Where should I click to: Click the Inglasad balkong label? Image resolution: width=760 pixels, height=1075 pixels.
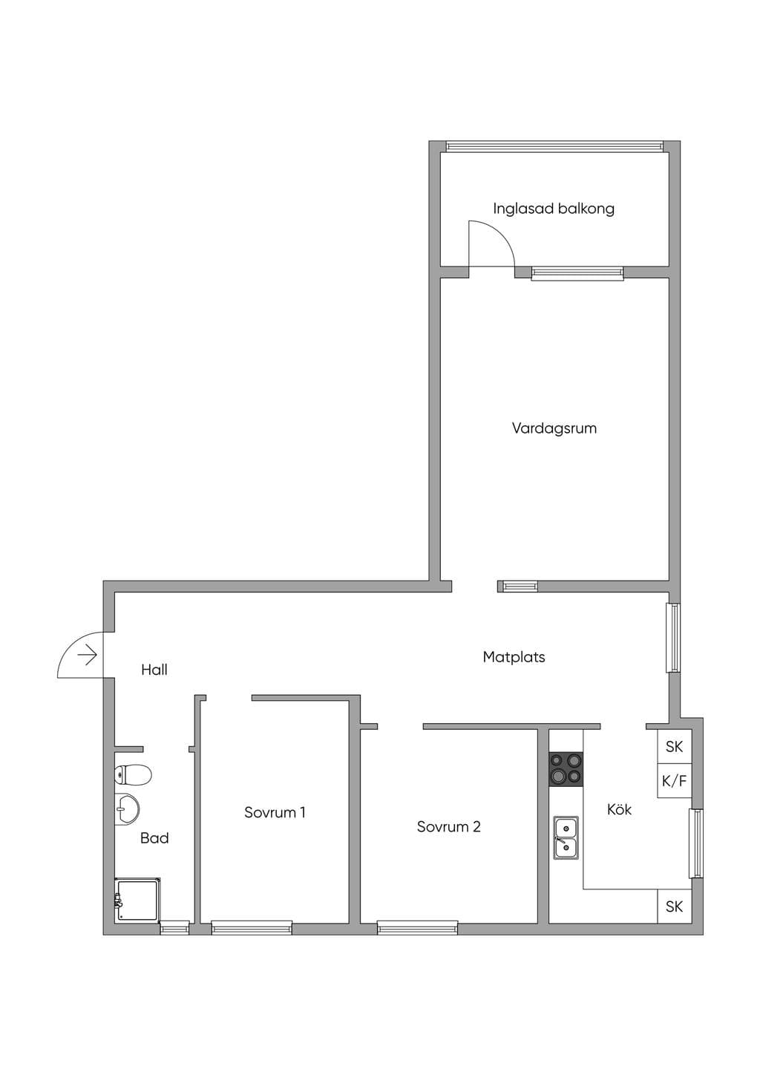pos(554,209)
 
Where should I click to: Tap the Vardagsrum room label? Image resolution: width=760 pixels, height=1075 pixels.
pos(554,428)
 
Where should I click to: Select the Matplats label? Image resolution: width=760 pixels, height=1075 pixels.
pos(514,657)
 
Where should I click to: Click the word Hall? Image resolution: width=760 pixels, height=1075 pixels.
pos(154,670)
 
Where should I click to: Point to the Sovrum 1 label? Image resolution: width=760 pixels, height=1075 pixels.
pos(275,812)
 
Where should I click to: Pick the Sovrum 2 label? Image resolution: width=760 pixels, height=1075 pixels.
pos(448,826)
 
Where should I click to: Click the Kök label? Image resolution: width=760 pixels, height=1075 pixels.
pos(620,809)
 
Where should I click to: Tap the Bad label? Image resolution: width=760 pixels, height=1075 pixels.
pos(154,838)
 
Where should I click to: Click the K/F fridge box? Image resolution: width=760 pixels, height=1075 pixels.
pos(674,781)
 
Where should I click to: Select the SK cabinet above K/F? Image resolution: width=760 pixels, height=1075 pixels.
pos(674,746)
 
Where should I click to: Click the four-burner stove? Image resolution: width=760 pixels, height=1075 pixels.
pos(566,769)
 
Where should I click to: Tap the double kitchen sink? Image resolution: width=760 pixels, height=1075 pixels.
pos(566,838)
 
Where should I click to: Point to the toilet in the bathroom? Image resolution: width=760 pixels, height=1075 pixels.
pos(134,774)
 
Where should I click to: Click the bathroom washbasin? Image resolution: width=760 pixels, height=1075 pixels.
pos(127,810)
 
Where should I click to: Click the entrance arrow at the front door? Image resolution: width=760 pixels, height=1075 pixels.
pos(88,655)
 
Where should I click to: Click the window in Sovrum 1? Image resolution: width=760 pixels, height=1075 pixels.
pos(252,928)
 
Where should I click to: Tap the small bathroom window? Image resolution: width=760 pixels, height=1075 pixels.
pos(174,928)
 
